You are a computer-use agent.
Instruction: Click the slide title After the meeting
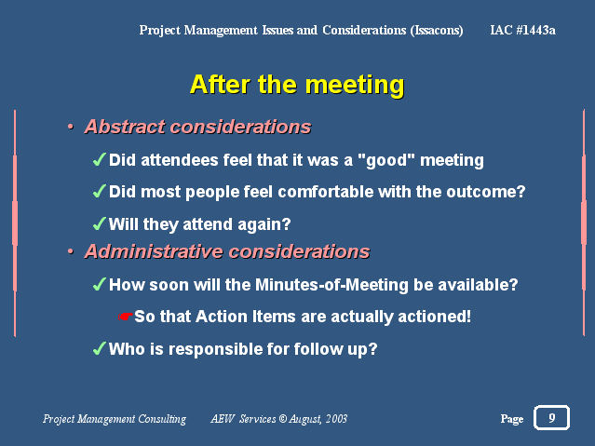point(297,85)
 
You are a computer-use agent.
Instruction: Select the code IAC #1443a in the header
point(523,30)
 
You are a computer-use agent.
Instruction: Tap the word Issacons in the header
point(437,31)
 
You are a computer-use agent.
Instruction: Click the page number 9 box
point(552,417)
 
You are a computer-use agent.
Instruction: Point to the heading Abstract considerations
point(197,127)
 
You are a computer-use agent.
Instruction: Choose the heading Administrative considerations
point(227,251)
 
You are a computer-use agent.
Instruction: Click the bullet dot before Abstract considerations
point(70,127)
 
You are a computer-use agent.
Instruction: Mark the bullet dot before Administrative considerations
point(70,251)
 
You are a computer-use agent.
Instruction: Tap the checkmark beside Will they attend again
point(99,223)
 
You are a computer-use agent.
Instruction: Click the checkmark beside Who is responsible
point(99,348)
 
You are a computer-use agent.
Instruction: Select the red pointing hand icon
point(125,317)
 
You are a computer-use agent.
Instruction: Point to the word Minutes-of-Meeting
point(331,285)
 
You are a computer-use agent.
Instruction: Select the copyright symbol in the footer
point(283,419)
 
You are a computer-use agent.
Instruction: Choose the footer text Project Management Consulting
point(115,419)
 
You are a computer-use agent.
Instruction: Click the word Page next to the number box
point(512,419)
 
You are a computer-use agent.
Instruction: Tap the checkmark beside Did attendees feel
point(99,159)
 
